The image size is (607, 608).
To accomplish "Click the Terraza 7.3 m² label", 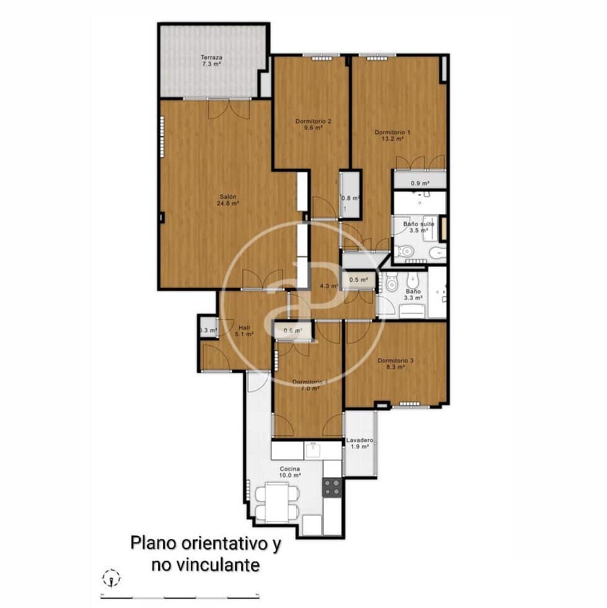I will click(x=211, y=60).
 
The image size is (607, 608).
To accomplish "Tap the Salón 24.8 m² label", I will click(x=228, y=199).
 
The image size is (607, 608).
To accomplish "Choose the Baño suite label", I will click(x=418, y=226).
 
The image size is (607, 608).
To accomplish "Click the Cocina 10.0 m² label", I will click(x=290, y=472).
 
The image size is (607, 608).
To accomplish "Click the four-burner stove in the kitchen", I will click(x=332, y=487).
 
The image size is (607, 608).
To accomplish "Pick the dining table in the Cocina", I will click(x=277, y=502).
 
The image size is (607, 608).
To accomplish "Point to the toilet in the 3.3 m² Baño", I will click(x=391, y=284).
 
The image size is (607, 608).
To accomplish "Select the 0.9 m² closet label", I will click(x=420, y=183).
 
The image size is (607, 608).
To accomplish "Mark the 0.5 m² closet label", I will click(x=358, y=280).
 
